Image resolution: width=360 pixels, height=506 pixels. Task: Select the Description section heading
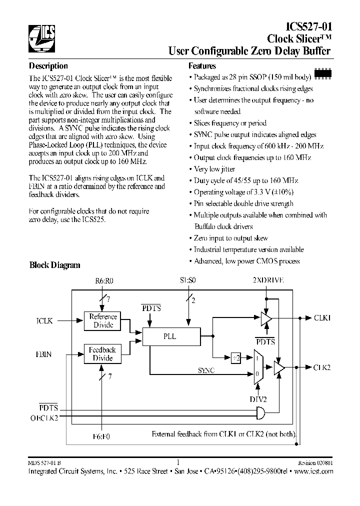(x=48, y=66)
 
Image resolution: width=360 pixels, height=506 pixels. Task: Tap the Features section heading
(x=202, y=66)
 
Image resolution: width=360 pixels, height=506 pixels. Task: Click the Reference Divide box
(x=103, y=321)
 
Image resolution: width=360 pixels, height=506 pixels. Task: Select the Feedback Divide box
(x=103, y=354)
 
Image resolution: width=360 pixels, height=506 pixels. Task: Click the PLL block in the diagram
(x=170, y=336)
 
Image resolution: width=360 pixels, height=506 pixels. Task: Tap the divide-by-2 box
(x=237, y=357)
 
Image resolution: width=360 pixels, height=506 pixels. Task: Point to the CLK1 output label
(x=322, y=317)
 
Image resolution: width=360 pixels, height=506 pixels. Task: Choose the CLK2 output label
(x=322, y=367)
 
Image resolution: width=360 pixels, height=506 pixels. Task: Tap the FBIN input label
(x=44, y=354)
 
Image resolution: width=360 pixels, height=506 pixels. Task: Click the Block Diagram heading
(x=54, y=265)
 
